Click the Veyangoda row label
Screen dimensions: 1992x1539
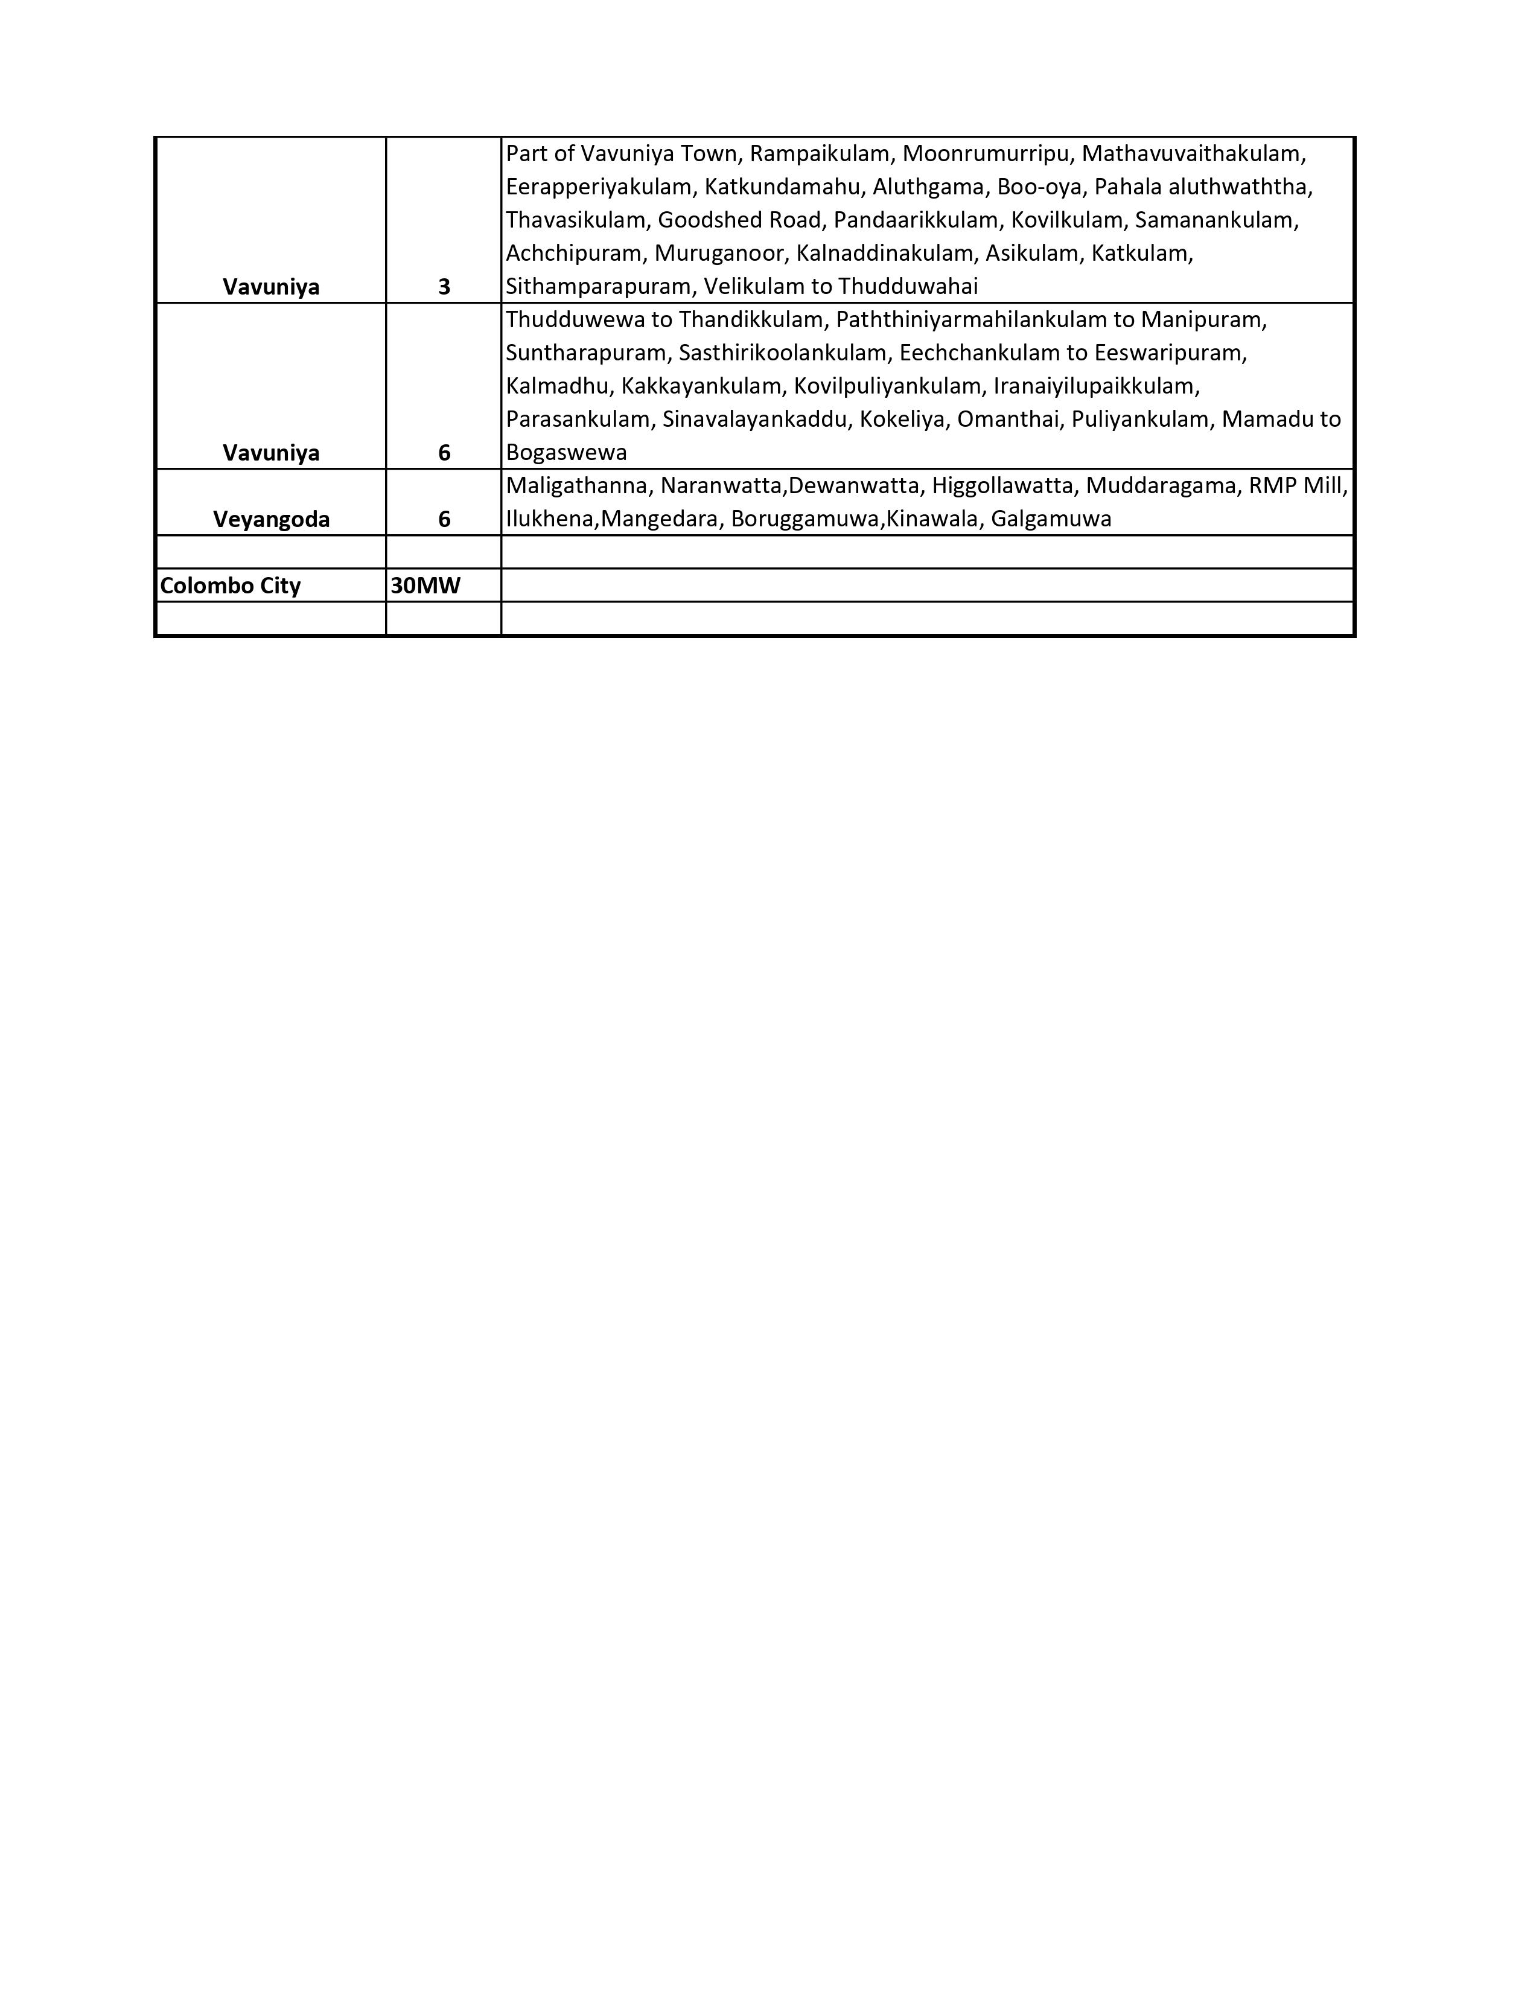[x=271, y=519]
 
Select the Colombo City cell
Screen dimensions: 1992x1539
[x=230, y=586]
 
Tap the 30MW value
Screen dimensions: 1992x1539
[x=425, y=586]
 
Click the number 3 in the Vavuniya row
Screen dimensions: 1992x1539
[x=444, y=287]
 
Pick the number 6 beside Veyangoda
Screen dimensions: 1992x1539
[x=444, y=519]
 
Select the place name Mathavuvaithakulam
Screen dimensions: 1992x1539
[x=1193, y=153]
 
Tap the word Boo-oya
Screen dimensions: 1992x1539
[x=1039, y=187]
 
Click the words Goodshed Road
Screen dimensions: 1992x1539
[x=739, y=220]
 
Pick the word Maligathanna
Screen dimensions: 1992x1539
[x=577, y=486]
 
